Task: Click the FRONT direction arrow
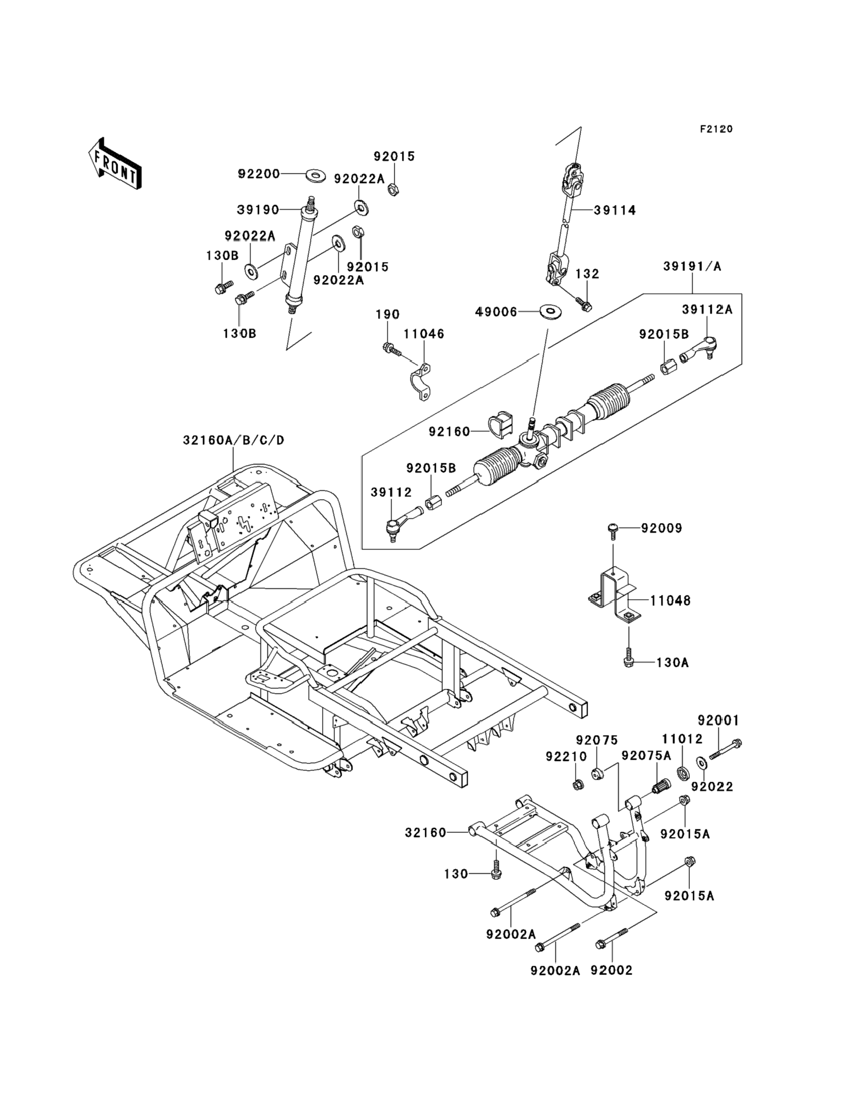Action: (115, 164)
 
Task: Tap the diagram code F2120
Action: (716, 129)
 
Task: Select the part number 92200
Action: (259, 175)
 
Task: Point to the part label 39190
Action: (258, 210)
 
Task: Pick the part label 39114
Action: (615, 211)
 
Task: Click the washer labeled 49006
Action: (550, 311)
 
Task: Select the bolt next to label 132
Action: (584, 304)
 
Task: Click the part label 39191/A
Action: (692, 267)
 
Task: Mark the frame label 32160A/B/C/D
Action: (233, 440)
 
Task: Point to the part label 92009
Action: (661, 528)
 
